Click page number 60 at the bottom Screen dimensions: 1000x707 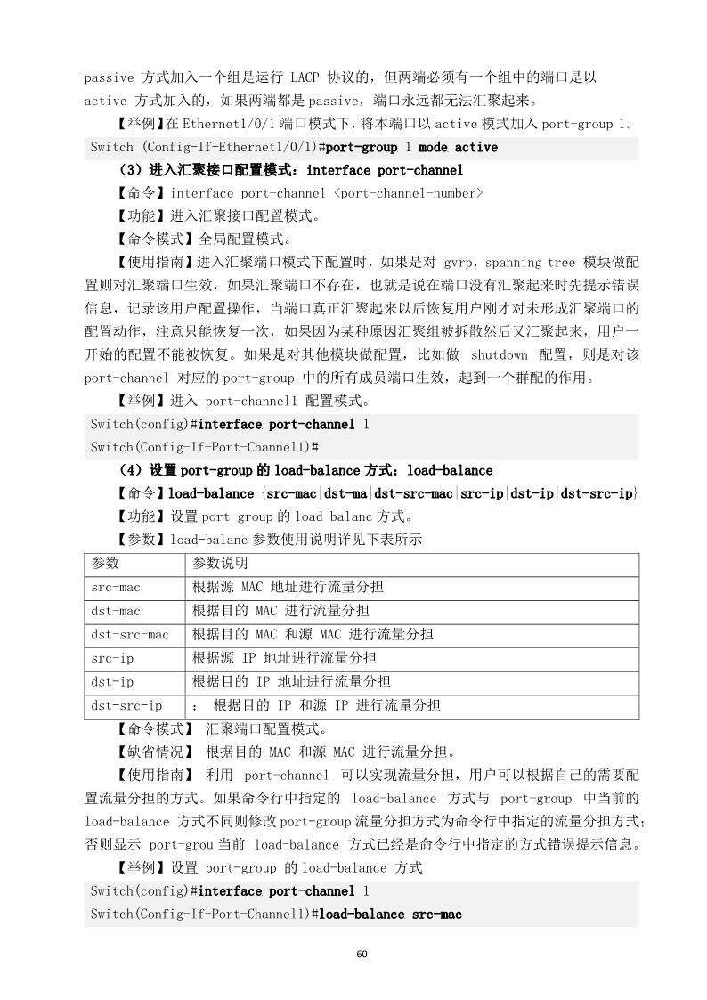pyautogui.click(x=362, y=954)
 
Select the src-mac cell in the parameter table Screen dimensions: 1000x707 pyautogui.click(x=116, y=588)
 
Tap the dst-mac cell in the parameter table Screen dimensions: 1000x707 pyautogui.click(x=116, y=611)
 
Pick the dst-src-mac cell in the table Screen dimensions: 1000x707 pyautogui.click(x=130, y=635)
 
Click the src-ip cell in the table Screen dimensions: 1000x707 pyautogui.click(x=112, y=658)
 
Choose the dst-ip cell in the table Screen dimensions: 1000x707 pyautogui.click(x=112, y=682)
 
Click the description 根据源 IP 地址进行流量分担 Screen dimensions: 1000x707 pyautogui.click(x=284, y=658)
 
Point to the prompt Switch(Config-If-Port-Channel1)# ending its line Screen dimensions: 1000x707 pyautogui.click(x=205, y=445)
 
